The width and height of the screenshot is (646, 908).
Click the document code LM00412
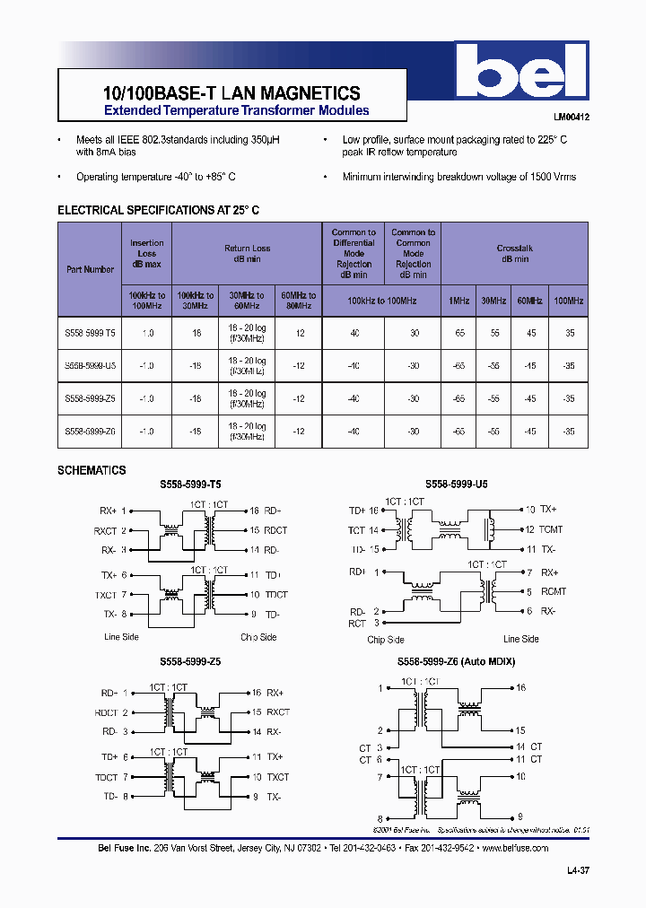tap(570, 116)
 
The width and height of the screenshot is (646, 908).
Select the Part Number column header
tap(90, 268)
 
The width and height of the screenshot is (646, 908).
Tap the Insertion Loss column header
tap(146, 253)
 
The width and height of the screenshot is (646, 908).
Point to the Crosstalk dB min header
tap(514, 253)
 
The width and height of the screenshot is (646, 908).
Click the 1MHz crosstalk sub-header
tap(458, 301)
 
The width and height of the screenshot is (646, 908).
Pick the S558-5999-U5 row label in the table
tap(90, 365)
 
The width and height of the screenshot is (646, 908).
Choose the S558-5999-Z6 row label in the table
tap(90, 432)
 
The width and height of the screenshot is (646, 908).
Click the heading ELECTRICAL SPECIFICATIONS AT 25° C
tap(158, 210)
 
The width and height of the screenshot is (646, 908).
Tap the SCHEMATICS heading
tap(92, 470)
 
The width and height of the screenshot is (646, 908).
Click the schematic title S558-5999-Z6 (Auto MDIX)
tap(457, 661)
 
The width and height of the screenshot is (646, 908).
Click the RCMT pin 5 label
tap(555, 591)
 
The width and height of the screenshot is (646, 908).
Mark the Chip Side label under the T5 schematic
tap(258, 637)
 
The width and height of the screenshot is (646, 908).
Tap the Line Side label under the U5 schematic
tap(520, 639)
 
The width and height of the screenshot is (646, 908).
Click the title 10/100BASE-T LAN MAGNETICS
tap(226, 93)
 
